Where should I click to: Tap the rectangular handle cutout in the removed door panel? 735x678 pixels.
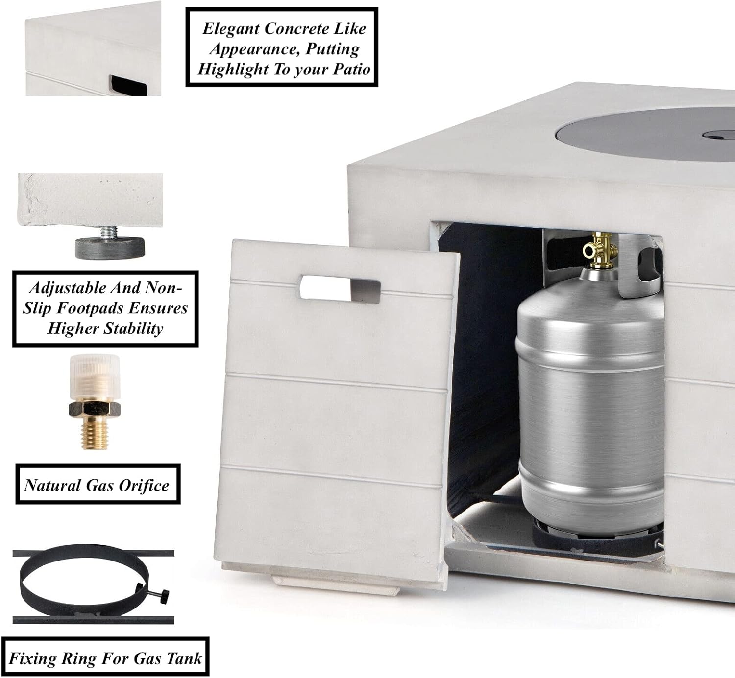point(340,290)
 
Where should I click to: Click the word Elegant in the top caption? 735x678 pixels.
point(231,29)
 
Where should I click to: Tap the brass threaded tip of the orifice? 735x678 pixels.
point(95,432)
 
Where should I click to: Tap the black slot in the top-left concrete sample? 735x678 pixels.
point(128,86)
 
